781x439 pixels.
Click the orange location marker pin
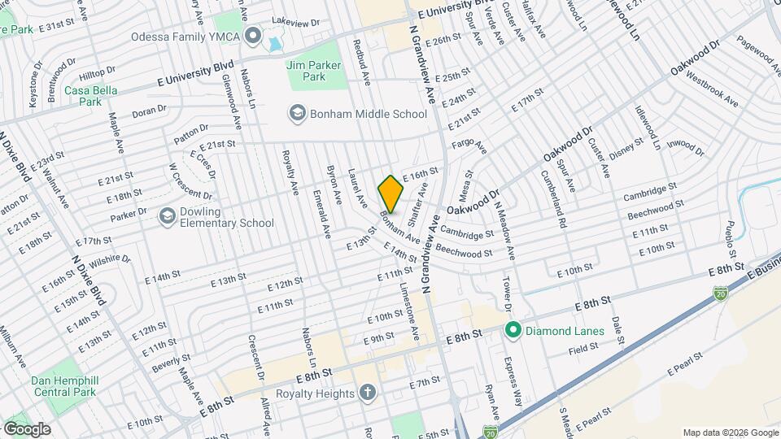(391, 194)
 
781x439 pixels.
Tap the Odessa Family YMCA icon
(252, 37)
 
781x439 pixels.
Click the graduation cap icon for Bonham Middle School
(297, 114)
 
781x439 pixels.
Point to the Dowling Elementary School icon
(168, 216)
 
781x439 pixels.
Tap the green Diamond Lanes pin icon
(513, 330)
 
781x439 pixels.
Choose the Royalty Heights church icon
(367, 393)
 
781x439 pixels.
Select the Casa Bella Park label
(84, 96)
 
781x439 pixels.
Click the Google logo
(27, 428)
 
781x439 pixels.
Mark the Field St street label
(583, 346)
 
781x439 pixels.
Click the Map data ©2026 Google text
(729, 432)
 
